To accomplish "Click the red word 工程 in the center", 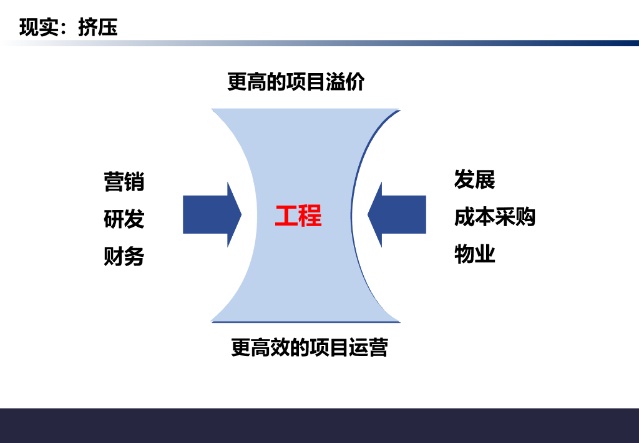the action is click(298, 216).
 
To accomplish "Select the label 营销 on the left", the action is click(124, 182).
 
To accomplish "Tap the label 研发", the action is click(124, 219).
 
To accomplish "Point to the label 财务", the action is click(124, 256).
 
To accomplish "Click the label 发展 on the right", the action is click(475, 179).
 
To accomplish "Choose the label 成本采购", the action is click(495, 217).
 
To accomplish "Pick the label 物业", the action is click(475, 254).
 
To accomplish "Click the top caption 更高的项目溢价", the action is click(296, 82).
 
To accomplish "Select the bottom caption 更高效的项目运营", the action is click(310, 347).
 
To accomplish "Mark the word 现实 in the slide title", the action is click(39, 27).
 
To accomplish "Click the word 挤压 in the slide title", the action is click(98, 27).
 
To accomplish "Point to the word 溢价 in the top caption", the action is click(345, 82).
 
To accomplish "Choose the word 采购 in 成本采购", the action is click(515, 217).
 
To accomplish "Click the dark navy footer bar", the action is click(319, 426).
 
